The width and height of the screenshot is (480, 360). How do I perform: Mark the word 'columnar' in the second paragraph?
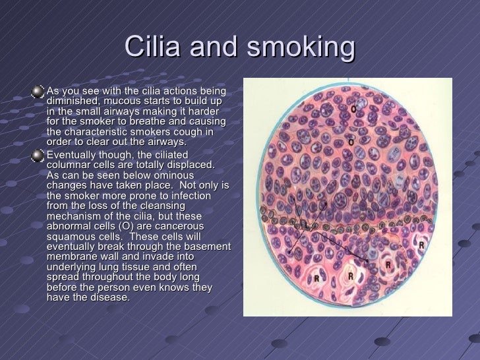tap(69, 165)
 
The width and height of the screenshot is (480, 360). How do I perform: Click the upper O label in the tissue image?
tap(354, 108)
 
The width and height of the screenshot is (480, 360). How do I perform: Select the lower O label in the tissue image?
tap(351, 142)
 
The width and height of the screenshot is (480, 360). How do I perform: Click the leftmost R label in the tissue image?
tap(316, 278)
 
